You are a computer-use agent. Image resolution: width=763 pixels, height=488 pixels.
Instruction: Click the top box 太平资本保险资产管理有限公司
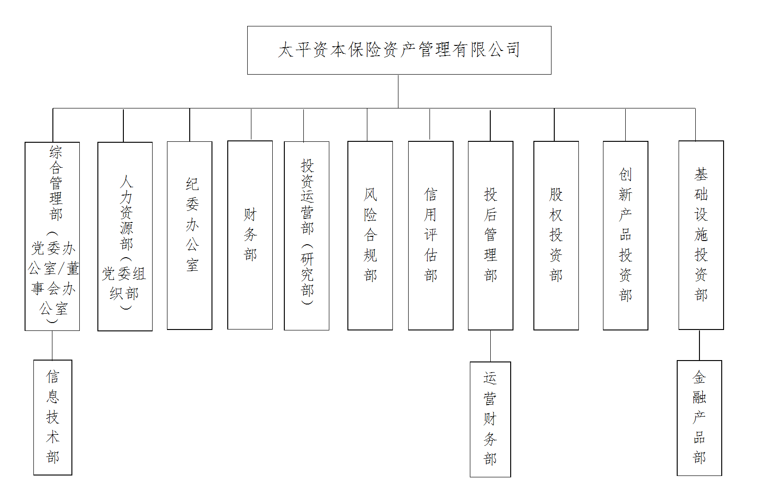(399, 50)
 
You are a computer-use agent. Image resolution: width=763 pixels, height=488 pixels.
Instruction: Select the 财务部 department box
(250, 235)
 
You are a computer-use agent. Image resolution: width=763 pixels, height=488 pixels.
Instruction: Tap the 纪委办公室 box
(190, 235)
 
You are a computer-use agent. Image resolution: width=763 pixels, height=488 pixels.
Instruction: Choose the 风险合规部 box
(370, 235)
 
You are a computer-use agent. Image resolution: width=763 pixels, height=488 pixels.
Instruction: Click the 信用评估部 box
(430, 235)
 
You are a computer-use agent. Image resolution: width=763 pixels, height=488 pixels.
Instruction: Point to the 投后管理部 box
(490, 235)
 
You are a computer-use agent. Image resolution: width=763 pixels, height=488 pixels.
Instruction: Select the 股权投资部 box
(556, 235)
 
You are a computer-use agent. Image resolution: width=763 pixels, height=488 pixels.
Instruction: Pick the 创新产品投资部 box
(625, 235)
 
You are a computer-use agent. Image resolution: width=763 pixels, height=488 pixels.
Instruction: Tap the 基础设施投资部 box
(701, 235)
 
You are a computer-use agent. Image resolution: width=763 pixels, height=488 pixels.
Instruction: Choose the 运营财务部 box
(490, 419)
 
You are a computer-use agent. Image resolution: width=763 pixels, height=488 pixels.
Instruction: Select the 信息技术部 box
(52, 417)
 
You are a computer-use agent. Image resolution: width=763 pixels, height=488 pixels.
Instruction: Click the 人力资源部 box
(125, 236)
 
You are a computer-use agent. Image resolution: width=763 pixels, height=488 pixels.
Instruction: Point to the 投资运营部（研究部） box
(307, 235)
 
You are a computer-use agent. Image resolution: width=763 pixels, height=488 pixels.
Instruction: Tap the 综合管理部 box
(52, 236)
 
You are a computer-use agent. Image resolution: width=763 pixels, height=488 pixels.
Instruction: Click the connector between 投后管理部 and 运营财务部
(490, 346)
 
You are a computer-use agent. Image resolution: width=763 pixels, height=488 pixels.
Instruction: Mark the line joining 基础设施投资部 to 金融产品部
(699, 345)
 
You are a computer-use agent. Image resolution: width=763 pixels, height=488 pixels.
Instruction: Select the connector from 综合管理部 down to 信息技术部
(52, 345)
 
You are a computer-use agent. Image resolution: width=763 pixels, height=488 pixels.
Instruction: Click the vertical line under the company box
(398, 91)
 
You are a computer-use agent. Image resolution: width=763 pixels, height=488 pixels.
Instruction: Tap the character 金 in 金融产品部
(699, 378)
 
